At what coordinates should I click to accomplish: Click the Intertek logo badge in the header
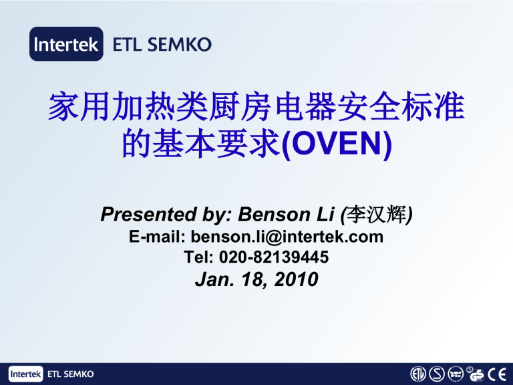pyautogui.click(x=66, y=44)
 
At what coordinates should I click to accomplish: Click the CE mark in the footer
pyautogui.click(x=496, y=374)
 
